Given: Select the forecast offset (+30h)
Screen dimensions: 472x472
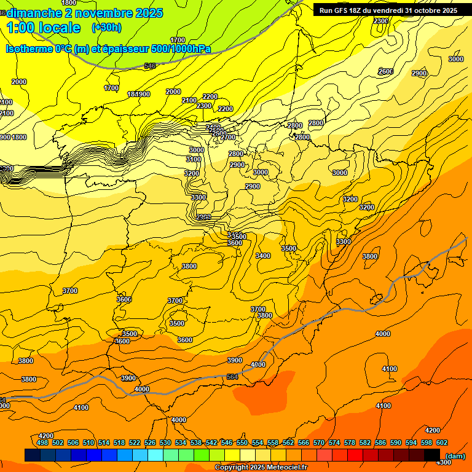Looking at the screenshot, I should pos(106,27).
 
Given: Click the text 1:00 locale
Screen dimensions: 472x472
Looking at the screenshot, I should pos(44,28).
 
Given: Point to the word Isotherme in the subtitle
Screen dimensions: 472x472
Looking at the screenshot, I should pos(29,49).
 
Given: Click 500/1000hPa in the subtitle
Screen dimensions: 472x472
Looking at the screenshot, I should pos(181,49).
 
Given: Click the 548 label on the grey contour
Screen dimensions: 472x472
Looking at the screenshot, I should pos(150,66).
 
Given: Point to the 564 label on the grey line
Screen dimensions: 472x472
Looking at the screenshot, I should pos(232,376).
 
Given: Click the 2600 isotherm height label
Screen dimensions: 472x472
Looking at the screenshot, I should pos(385,71).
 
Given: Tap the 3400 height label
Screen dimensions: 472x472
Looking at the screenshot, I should pos(262,256).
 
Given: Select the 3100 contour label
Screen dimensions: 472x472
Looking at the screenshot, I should pos(193,159).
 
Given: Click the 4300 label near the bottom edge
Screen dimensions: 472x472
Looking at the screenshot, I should pos(442,462).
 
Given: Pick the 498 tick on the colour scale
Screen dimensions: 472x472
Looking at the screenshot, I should pos(42,442).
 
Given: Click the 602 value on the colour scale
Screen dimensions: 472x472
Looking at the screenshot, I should pos(441,442).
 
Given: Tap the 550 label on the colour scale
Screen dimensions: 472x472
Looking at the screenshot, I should pos(242,442).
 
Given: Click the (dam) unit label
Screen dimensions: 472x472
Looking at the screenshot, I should pos(455,455).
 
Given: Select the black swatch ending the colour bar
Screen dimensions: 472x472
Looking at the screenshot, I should pos(431,455).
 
